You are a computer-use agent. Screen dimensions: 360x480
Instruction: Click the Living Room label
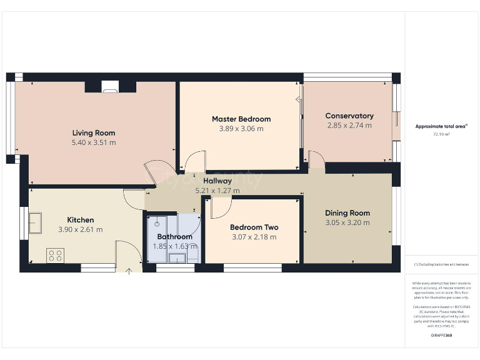tap(94, 132)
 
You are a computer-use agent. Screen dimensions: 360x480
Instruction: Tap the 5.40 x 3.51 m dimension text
tap(94, 142)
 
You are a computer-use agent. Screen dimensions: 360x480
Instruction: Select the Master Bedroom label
tap(241, 119)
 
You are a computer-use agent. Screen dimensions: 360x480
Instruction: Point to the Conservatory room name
tap(349, 116)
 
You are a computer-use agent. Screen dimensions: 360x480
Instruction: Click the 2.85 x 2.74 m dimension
tap(349, 126)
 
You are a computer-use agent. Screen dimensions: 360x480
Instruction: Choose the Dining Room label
tap(347, 212)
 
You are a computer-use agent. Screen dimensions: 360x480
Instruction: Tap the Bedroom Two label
tap(254, 227)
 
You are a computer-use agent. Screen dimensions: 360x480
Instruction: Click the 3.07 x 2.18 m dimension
tap(254, 237)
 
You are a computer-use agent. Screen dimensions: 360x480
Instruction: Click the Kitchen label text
tap(81, 219)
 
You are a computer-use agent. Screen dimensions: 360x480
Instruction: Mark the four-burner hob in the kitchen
tap(55, 255)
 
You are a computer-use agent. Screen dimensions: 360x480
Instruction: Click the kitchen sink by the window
tap(34, 222)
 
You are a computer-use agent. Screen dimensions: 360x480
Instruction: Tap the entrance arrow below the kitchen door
tap(129, 271)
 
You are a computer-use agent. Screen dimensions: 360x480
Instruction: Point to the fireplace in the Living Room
tap(110, 88)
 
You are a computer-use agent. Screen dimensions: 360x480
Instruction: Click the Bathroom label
tap(174, 237)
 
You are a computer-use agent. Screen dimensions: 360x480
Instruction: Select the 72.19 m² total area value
tap(441, 134)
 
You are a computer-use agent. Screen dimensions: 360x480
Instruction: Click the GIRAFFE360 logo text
tap(441, 336)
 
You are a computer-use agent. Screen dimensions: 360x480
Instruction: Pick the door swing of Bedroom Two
tap(220, 207)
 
